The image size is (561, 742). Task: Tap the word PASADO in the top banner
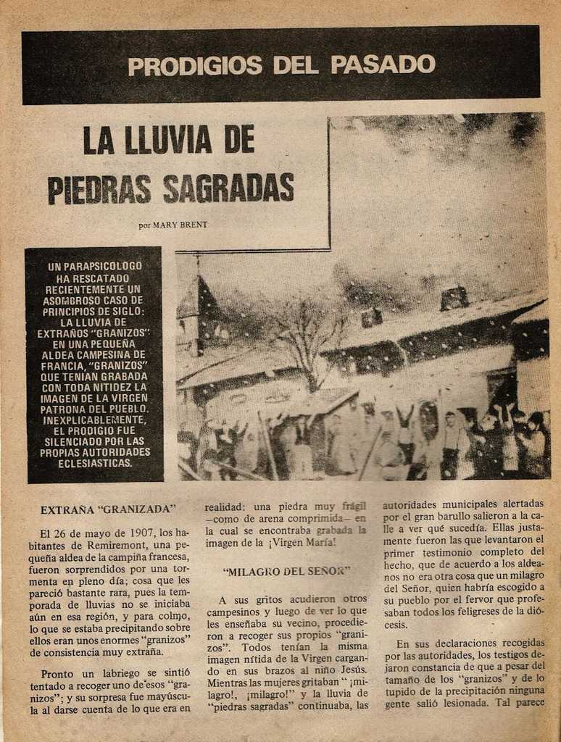pyautogui.click(x=383, y=64)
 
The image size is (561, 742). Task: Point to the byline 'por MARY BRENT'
pyautogui.click(x=173, y=225)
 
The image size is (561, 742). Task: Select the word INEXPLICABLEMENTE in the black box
pyautogui.click(x=93, y=419)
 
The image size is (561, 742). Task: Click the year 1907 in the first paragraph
pyautogui.click(x=143, y=533)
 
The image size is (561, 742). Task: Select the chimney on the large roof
pyautogui.click(x=454, y=298)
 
